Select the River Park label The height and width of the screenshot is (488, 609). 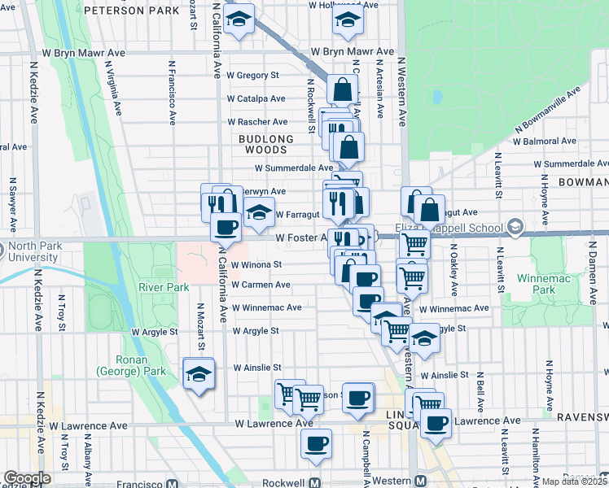(x=164, y=287)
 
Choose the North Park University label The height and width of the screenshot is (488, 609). (x=29, y=252)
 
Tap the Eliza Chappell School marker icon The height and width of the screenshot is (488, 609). (x=515, y=225)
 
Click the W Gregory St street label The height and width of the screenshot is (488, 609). (x=252, y=75)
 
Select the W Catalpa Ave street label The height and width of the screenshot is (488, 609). (x=256, y=98)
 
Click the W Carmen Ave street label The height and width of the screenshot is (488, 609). (x=261, y=285)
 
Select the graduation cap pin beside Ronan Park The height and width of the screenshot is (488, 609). (x=199, y=374)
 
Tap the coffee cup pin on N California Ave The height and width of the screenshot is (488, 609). (x=226, y=227)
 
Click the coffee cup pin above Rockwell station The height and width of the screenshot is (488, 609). (x=316, y=445)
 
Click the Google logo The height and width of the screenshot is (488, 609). (x=26, y=478)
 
